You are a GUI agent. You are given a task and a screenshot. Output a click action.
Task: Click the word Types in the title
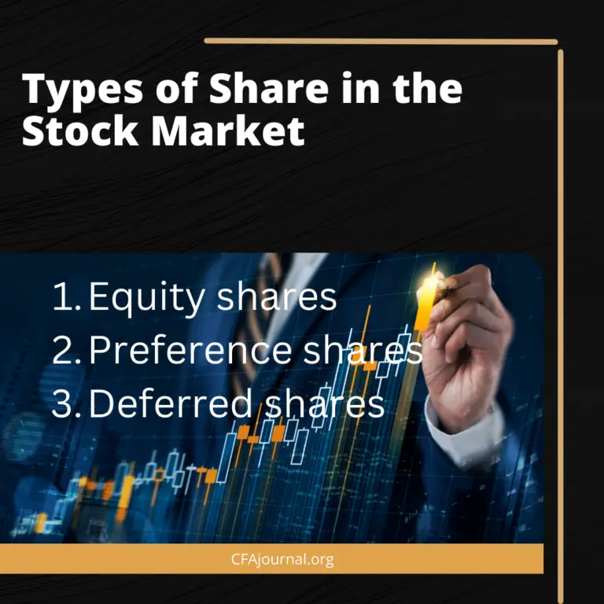point(77,91)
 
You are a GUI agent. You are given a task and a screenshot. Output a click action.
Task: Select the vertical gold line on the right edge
point(561,315)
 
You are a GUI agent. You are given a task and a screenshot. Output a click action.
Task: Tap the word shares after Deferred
point(325,403)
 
